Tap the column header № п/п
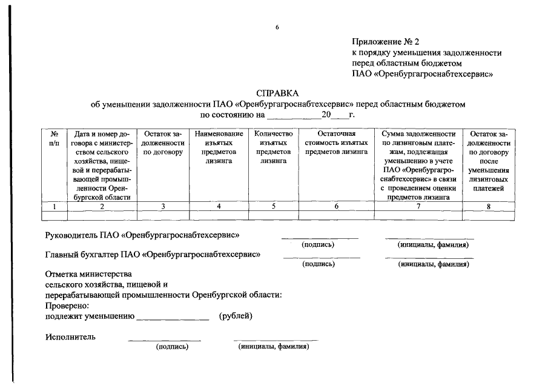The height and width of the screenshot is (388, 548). point(54,138)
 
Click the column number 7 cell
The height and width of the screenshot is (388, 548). point(418,206)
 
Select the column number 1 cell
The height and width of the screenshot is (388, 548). point(54,206)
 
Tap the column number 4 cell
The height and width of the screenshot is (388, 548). point(219,206)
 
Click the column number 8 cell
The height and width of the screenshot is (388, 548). point(489,206)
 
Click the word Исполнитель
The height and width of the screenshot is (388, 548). point(70,337)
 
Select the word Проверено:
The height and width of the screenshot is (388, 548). point(67,306)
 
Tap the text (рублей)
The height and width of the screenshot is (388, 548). point(236,316)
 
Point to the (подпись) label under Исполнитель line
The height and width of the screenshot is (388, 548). point(172,347)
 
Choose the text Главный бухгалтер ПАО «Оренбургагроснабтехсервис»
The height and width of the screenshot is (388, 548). point(153,254)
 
